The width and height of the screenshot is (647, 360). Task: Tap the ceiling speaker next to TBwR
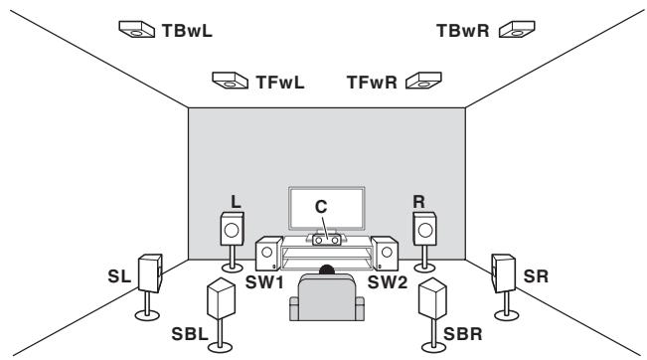516,31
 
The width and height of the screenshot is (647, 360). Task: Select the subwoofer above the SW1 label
268,256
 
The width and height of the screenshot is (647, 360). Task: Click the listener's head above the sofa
327,271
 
